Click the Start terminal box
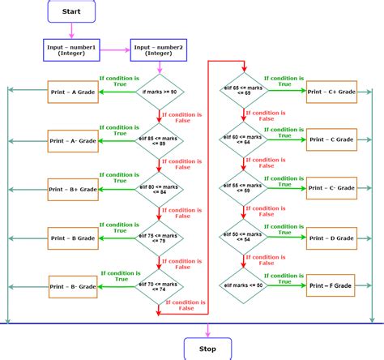point(71,11)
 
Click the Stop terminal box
point(208,349)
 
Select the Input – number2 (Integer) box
point(159,51)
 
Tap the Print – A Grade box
point(74,92)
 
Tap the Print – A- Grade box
point(74,141)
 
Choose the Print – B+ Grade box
point(74,190)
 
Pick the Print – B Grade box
point(74,238)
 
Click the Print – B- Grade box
point(74,286)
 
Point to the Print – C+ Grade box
point(332,92)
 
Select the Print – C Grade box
point(332,140)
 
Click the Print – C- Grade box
point(332,189)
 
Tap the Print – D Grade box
point(332,238)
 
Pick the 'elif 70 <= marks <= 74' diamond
point(159,287)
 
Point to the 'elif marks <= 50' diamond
point(245,286)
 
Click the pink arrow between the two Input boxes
point(117,51)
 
